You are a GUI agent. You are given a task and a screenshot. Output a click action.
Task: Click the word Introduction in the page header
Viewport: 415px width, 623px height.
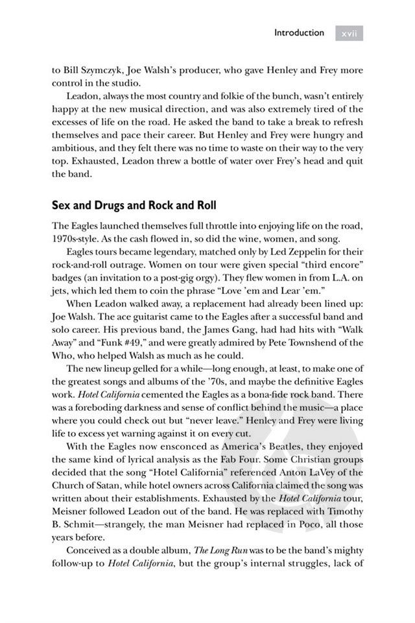298,32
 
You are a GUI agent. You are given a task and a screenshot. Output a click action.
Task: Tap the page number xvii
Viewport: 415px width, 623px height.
349,33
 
